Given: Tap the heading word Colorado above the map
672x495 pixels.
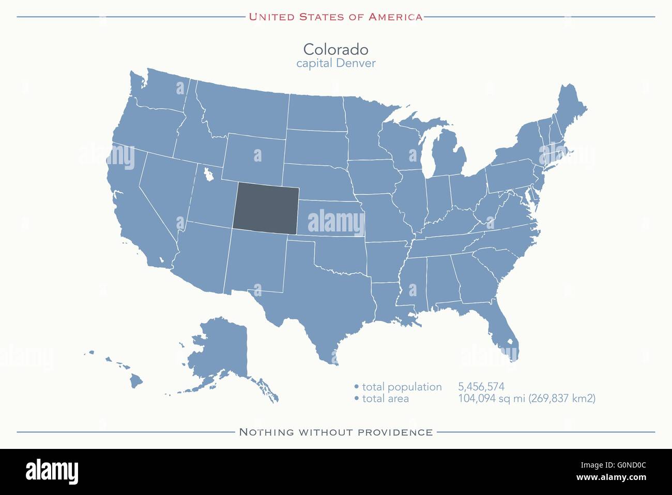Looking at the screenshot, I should (x=335, y=49).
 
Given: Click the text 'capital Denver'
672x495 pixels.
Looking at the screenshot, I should (x=335, y=63).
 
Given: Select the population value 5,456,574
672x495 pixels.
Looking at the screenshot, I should (x=481, y=387).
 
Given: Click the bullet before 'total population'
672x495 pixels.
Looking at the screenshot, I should (x=356, y=387).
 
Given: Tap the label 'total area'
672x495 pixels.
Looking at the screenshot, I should (x=385, y=399).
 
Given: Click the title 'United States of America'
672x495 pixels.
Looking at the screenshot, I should (x=335, y=17).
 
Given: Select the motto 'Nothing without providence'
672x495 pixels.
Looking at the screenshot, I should (x=335, y=432).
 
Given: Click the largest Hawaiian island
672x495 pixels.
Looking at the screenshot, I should (x=136, y=382).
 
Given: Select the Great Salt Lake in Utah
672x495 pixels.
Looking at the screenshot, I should (x=208, y=174).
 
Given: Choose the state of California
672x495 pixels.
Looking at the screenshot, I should (x=137, y=207).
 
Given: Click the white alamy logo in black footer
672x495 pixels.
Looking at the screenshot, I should (x=52, y=472).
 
